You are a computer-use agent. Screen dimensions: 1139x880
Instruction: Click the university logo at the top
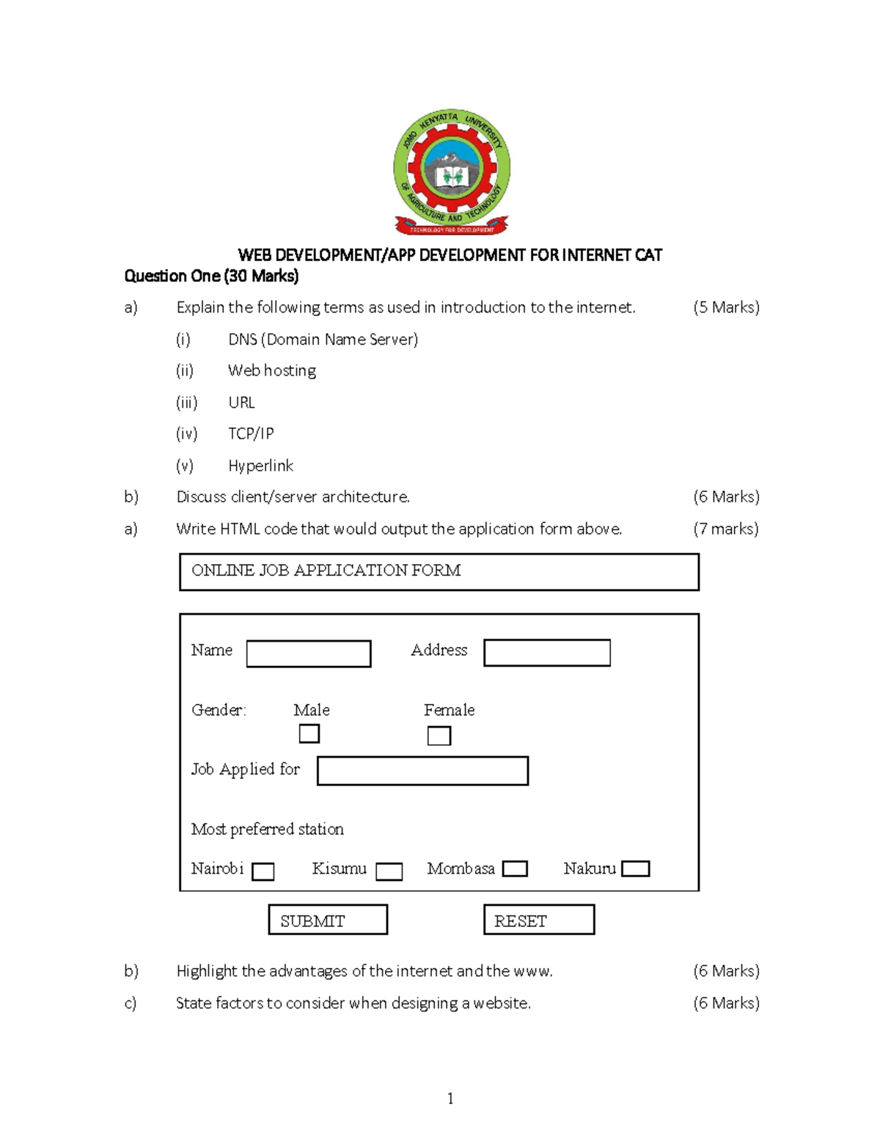point(451,175)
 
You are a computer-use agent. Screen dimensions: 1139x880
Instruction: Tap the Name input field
point(309,653)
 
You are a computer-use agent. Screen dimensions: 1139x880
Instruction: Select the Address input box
point(547,653)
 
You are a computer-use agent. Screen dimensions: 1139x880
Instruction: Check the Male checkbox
point(309,733)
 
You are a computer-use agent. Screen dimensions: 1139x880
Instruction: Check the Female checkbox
point(439,736)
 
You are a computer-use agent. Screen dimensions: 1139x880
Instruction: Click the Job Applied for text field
point(422,771)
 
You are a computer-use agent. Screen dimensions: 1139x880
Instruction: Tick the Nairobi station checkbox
point(263,871)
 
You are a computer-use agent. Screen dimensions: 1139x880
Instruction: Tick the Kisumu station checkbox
point(389,871)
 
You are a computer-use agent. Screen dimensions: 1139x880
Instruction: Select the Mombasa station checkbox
point(515,869)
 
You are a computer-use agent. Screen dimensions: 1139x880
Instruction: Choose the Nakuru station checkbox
point(635,869)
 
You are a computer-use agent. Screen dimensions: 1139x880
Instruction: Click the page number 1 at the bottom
point(450,1098)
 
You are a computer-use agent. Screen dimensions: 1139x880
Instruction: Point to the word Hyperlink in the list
point(260,466)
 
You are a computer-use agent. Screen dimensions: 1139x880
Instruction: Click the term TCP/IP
point(251,433)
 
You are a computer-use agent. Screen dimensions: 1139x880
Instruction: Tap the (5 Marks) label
point(726,307)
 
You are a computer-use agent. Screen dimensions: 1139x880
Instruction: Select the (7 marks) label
point(726,529)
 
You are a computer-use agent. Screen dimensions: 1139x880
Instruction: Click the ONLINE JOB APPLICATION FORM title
point(326,571)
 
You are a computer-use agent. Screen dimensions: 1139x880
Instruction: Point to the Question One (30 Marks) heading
point(211,276)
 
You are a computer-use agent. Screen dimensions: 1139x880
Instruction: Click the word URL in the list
point(241,402)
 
